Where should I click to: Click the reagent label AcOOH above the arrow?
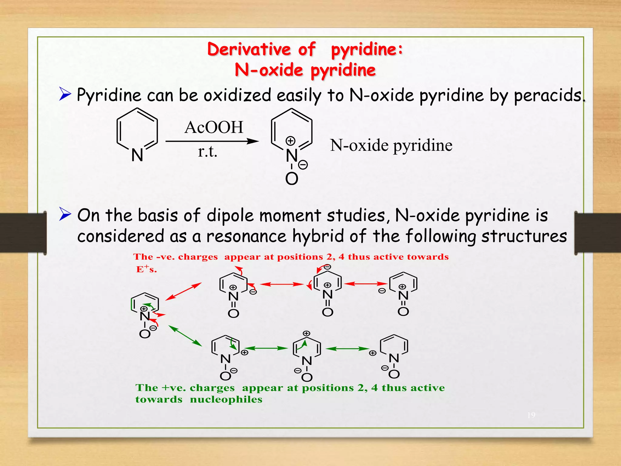tap(214, 127)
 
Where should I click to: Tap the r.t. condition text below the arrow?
tap(208, 151)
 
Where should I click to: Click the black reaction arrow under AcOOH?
tap(212, 141)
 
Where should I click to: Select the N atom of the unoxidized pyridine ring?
tap(137, 155)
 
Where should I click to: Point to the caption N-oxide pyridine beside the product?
tap(391, 145)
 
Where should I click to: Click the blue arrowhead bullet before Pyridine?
tap(65, 94)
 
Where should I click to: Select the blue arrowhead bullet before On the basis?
tap(65, 214)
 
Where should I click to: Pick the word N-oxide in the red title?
tap(269, 70)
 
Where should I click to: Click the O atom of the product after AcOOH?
tap(292, 179)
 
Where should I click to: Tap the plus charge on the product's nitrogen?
tap(290, 141)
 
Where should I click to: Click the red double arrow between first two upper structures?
tap(282, 284)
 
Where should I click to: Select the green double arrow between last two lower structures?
tap(347, 349)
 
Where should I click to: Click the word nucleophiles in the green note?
tap(226, 399)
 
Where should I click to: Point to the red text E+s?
tap(146, 269)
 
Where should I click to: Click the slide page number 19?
tap(531, 415)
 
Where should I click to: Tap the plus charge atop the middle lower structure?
tap(307, 333)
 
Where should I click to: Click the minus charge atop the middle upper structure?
tap(327, 267)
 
